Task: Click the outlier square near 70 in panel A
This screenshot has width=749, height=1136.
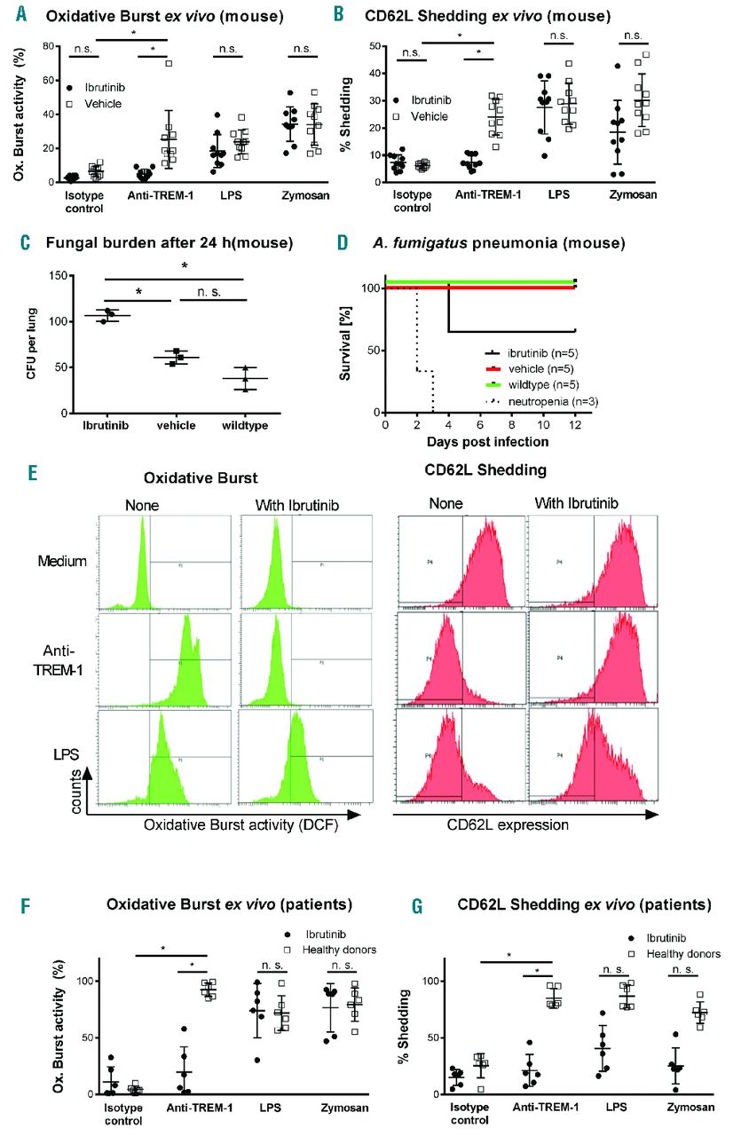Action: [x=169, y=63]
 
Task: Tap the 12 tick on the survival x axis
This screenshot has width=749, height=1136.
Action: [x=576, y=424]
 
